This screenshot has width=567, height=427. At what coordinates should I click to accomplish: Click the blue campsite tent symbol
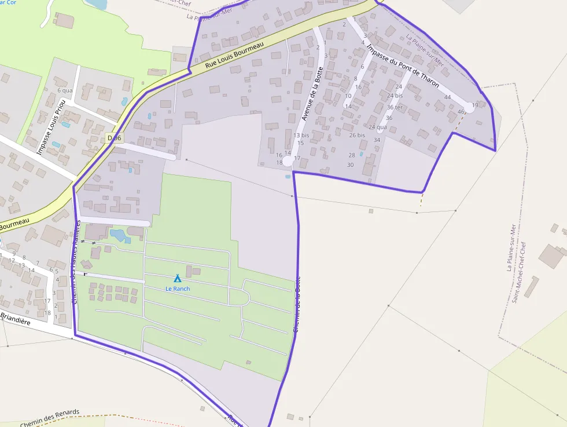tap(178, 279)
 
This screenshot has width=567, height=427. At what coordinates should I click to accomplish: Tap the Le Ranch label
tap(178, 289)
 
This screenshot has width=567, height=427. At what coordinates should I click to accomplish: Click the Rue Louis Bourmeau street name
tap(234, 55)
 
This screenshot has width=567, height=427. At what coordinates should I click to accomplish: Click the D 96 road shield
tap(115, 138)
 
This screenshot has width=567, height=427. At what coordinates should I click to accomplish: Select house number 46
tap(461, 111)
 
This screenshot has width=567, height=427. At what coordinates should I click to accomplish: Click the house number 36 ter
tap(395, 107)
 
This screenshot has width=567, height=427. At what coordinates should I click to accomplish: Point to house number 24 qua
tap(377, 127)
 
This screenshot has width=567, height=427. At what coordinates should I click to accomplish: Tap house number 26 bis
tap(357, 135)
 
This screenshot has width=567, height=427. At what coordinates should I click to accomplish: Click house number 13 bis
tap(301, 135)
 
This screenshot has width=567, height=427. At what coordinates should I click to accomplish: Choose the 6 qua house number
tap(65, 90)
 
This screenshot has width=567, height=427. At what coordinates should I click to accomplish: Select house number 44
tap(447, 97)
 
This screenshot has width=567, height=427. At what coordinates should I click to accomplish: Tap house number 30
tap(350, 165)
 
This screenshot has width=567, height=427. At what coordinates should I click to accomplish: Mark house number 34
tap(377, 140)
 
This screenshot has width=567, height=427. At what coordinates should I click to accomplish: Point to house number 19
tap(475, 105)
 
